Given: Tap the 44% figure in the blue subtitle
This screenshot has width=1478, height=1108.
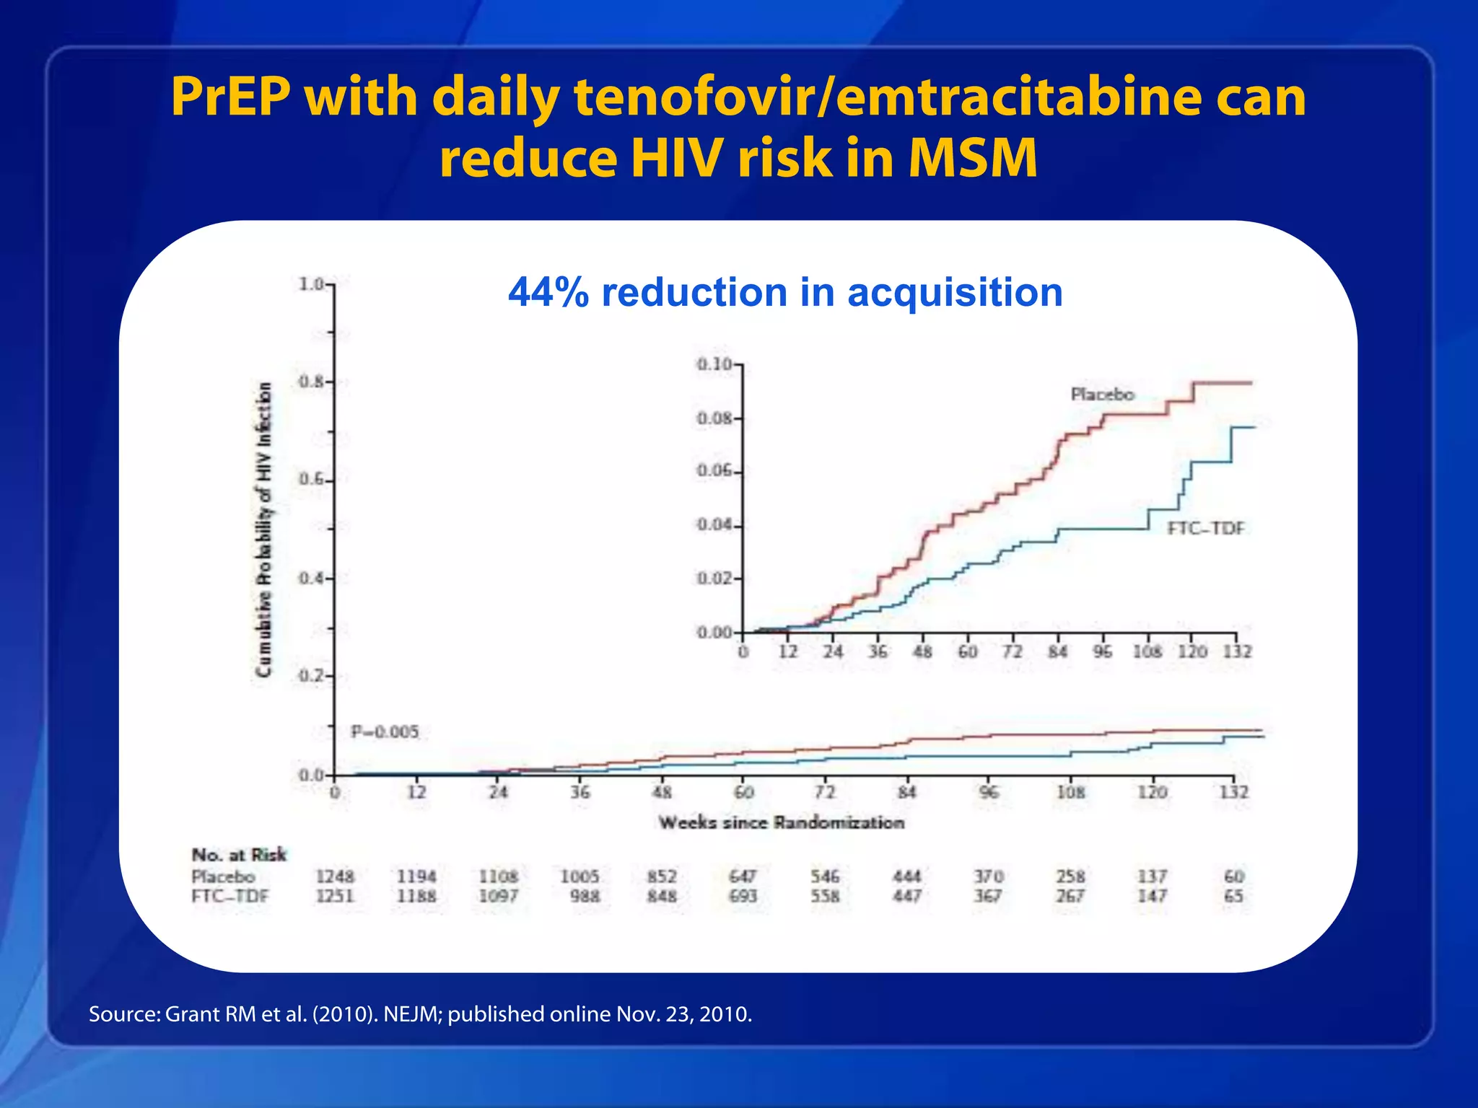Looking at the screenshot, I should (x=548, y=293).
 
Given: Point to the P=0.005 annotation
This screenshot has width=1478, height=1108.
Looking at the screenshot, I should (x=385, y=732).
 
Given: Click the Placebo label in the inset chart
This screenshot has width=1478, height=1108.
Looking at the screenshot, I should (x=1102, y=395).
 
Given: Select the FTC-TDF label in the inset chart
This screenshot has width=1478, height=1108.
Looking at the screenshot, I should (x=1206, y=529).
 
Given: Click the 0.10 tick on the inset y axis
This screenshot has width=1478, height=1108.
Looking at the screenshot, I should (x=714, y=364).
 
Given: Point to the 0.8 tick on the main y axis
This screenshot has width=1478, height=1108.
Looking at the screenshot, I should (x=312, y=382).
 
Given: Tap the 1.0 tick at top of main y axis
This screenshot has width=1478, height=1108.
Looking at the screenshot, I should (x=312, y=284).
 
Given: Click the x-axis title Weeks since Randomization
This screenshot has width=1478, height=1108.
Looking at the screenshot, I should (x=781, y=823).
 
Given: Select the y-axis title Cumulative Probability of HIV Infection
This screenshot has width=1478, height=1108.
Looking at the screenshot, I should (x=265, y=530).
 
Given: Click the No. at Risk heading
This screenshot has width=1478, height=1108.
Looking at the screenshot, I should (x=239, y=856).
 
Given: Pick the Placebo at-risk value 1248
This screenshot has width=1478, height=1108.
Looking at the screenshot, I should (x=335, y=876).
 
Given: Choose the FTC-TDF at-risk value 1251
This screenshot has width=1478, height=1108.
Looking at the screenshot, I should (x=335, y=896).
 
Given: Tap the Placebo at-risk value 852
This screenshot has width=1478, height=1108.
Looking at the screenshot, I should (x=662, y=876).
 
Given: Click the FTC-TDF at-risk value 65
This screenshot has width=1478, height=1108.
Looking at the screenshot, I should (x=1233, y=896).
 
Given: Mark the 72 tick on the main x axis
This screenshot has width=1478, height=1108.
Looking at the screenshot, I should (x=825, y=792).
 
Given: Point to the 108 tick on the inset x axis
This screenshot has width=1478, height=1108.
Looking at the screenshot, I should (x=1147, y=652).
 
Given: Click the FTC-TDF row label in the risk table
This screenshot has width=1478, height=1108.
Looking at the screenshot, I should (x=229, y=897).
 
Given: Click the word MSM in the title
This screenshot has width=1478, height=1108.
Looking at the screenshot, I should (x=973, y=159).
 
